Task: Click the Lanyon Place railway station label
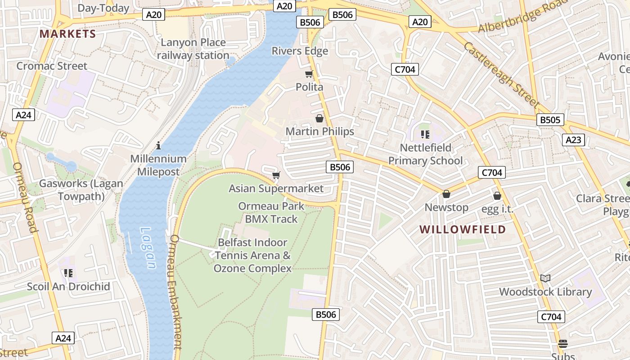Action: coord(193,49)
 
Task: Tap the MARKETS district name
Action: coord(67,34)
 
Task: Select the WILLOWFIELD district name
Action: coord(463,229)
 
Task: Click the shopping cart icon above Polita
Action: coord(309,74)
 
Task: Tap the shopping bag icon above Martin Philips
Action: coord(319,118)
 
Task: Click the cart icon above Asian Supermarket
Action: coord(276,175)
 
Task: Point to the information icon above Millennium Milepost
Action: coord(158,145)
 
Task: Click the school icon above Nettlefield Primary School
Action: coord(425,134)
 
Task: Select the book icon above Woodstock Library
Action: coord(545,278)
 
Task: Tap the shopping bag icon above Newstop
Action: coord(446,194)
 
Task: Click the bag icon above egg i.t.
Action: coord(497,196)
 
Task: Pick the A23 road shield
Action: coord(573,140)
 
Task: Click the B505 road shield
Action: coord(550,120)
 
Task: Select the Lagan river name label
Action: coord(148,247)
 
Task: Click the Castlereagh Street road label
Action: coord(501,75)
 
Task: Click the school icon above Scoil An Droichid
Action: coord(68,273)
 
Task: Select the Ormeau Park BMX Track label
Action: coord(271,212)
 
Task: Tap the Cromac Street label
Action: coord(52,66)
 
